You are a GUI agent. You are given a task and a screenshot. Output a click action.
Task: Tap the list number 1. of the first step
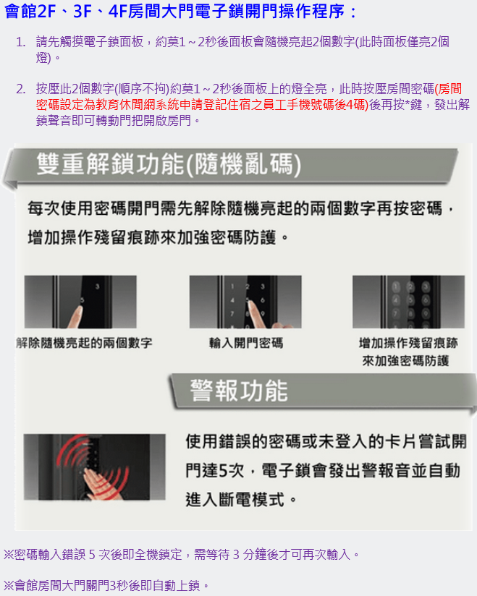[21, 42]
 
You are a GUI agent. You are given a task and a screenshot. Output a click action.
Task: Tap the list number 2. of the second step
[21, 89]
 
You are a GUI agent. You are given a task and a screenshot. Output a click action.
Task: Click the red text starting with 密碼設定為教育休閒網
[202, 105]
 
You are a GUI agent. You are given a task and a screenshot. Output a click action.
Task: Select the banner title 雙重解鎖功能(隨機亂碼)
[169, 165]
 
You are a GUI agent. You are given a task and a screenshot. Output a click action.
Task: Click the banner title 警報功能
[239, 391]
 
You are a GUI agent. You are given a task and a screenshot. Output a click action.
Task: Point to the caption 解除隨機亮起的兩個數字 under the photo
[84, 344]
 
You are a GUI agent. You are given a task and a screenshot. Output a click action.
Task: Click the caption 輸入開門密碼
[245, 344]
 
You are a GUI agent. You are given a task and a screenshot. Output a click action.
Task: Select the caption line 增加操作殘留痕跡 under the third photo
[408, 343]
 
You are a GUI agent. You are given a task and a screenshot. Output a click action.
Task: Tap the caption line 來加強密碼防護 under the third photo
[405, 360]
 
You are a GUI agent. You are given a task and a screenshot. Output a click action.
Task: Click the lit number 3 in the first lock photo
[98, 286]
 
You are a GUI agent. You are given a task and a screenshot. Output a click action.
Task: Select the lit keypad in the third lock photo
[410, 302]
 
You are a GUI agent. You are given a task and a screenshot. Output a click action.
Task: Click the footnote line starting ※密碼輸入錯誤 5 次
[181, 555]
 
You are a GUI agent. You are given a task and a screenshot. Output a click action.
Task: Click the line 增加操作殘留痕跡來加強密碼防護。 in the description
[159, 237]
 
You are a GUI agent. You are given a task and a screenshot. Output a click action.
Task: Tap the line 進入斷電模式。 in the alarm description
[241, 500]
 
